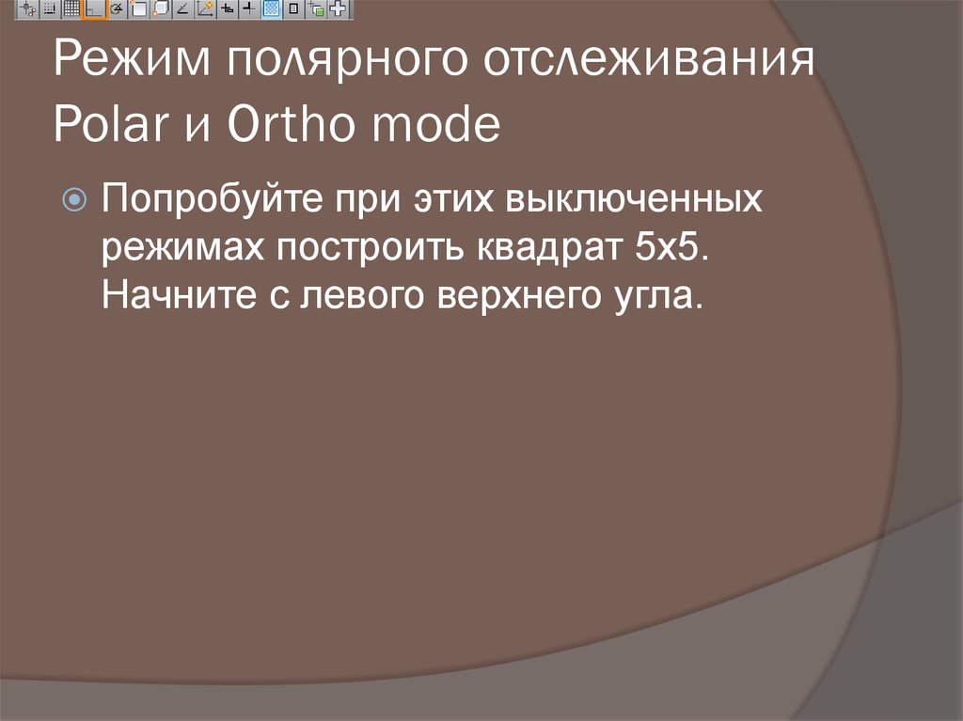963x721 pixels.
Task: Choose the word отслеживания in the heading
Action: [646, 68]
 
